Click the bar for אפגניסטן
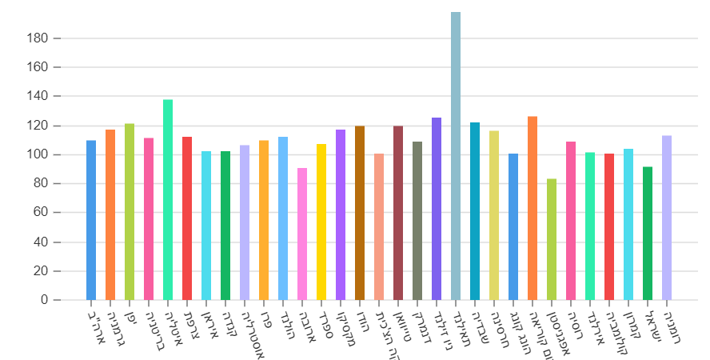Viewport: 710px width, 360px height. click(552, 239)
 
